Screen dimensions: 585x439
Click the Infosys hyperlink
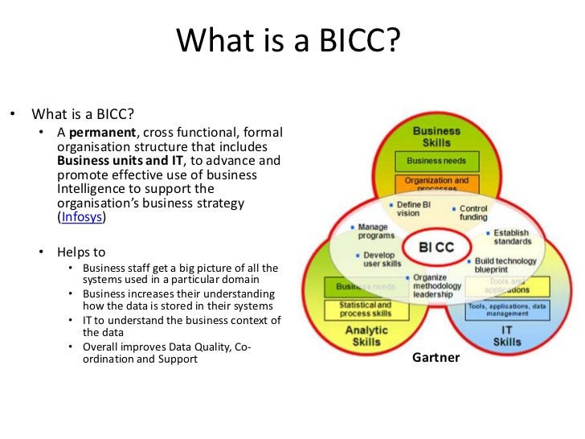pyautogui.click(x=83, y=217)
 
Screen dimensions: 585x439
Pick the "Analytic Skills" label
pyautogui.click(x=366, y=336)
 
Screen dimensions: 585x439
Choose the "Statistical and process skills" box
pyautogui.click(x=366, y=310)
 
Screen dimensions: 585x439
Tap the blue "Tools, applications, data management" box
pyautogui.click(x=506, y=310)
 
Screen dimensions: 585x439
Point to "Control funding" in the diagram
pyautogui.click(x=474, y=212)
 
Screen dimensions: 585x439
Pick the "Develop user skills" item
pyautogui.click(x=379, y=259)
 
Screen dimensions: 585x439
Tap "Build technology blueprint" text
pyautogui.click(x=505, y=266)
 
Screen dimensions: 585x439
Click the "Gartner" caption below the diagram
pyautogui.click(x=436, y=357)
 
